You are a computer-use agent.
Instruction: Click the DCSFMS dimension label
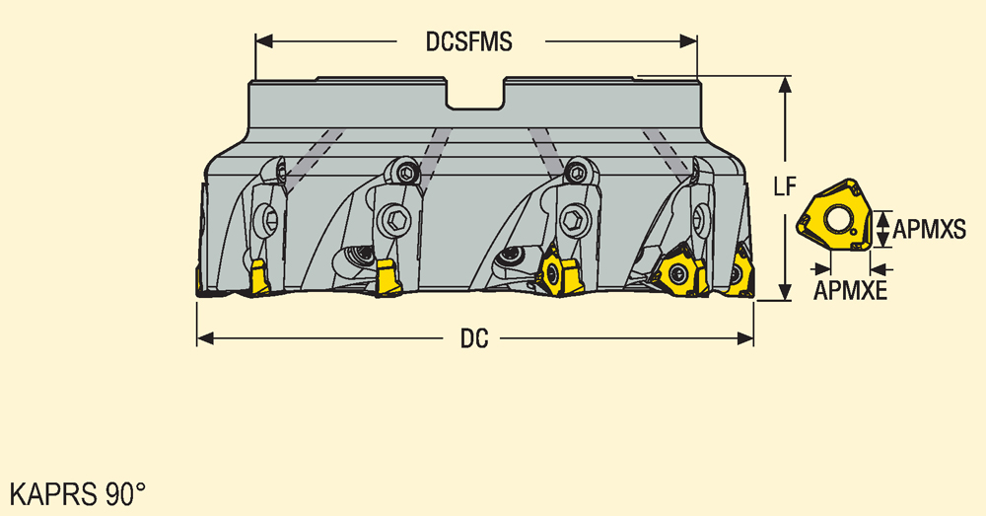click(469, 42)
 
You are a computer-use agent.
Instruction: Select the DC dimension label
click(474, 339)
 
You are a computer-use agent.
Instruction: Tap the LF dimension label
click(784, 186)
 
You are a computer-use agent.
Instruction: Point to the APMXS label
click(929, 230)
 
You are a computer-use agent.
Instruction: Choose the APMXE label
click(850, 291)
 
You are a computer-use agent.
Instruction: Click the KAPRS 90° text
click(78, 494)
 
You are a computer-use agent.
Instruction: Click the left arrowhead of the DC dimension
click(205, 338)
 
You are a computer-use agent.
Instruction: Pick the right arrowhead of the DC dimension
click(745, 338)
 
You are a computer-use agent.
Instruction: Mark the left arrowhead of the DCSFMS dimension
click(263, 41)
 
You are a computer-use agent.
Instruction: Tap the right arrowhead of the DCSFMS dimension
click(688, 41)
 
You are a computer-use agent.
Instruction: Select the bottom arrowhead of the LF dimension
click(784, 291)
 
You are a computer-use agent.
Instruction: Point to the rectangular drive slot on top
click(475, 94)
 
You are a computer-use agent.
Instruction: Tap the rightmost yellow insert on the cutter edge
click(742, 272)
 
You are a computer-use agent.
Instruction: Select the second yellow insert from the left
click(387, 277)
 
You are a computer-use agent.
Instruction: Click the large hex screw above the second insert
click(396, 221)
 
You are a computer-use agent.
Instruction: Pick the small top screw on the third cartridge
click(577, 170)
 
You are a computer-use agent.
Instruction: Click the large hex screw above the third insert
click(572, 220)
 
